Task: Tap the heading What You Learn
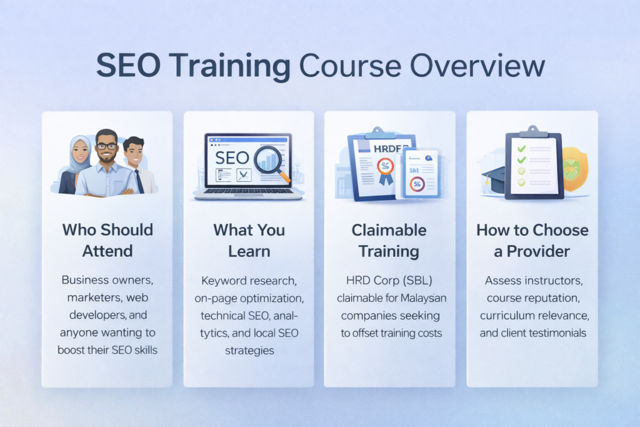click(x=249, y=241)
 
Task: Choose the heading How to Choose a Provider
click(x=532, y=241)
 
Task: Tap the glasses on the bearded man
click(x=107, y=146)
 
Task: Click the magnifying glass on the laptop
click(x=271, y=161)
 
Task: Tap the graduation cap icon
click(x=494, y=176)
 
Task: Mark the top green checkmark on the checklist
click(x=522, y=149)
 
